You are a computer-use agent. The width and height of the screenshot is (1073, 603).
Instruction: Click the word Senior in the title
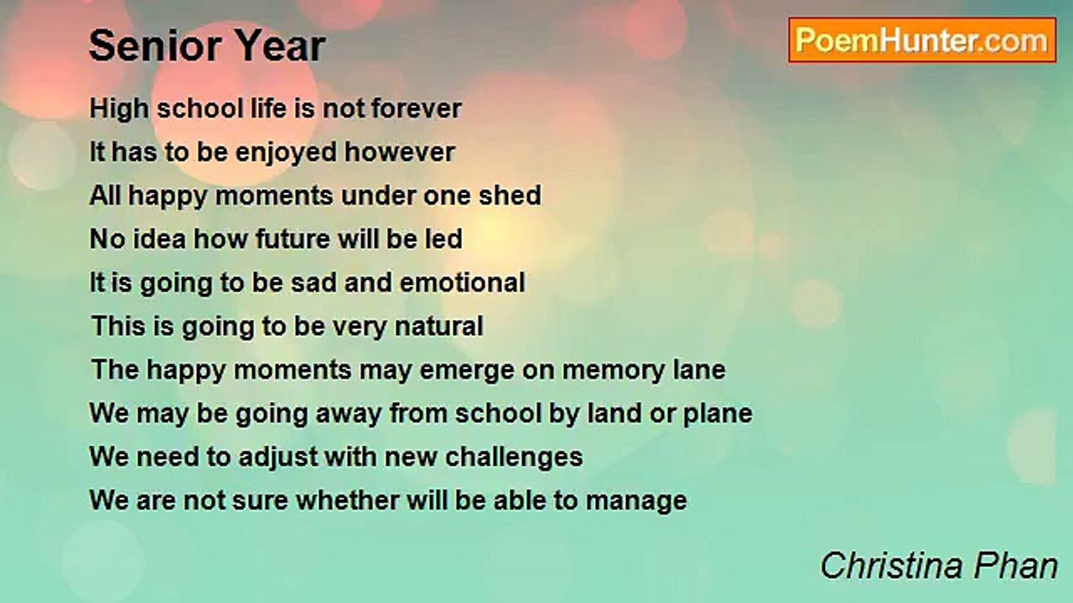click(x=155, y=45)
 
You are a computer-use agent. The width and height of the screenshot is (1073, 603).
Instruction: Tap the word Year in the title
click(x=280, y=45)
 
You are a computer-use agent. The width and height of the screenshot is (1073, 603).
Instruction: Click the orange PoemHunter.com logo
click(x=922, y=40)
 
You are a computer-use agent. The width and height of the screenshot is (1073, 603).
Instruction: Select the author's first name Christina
click(x=891, y=565)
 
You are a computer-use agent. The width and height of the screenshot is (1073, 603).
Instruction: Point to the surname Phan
click(x=1015, y=565)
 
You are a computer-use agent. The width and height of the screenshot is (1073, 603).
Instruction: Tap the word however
click(x=400, y=152)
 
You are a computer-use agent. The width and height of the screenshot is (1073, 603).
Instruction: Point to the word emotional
click(x=462, y=282)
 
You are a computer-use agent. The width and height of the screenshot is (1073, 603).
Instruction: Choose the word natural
click(x=438, y=326)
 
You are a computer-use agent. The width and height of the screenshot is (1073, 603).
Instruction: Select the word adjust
click(x=278, y=458)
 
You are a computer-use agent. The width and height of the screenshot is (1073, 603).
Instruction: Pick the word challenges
click(x=514, y=458)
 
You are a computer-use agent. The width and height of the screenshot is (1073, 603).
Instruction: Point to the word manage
click(x=636, y=502)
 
